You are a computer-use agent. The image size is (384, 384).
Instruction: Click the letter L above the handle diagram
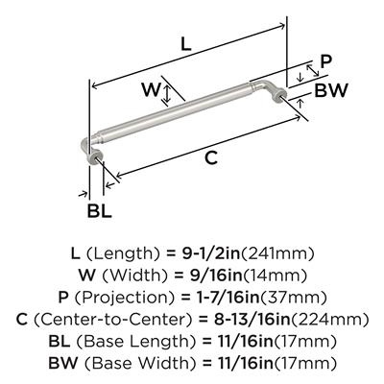click(x=186, y=44)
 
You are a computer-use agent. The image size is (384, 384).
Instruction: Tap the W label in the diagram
click(x=151, y=89)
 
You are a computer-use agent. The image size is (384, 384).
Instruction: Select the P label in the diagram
click(x=326, y=61)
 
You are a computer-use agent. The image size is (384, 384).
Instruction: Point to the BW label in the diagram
click(x=331, y=90)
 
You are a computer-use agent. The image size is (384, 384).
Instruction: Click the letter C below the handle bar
click(x=211, y=157)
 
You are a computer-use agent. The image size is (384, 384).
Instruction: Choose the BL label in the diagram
click(x=100, y=211)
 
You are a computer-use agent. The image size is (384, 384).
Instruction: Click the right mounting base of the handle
click(x=279, y=95)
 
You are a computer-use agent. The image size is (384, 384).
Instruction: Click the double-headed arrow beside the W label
click(x=166, y=95)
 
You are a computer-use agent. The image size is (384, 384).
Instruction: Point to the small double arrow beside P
click(x=313, y=70)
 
